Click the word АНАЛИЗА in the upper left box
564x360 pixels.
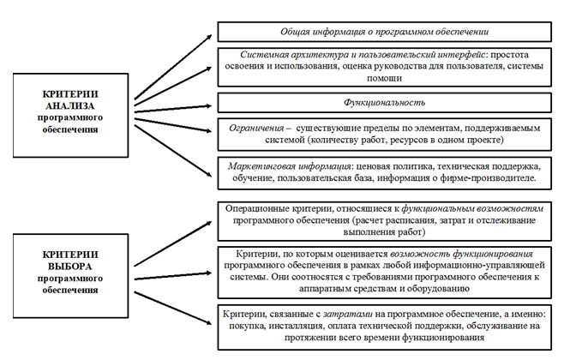70,105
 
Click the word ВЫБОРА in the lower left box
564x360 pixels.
70,267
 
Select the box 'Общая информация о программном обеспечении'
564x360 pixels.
384,32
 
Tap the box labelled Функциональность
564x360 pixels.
384,103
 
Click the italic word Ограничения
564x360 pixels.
256,129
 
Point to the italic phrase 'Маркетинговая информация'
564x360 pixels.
289,166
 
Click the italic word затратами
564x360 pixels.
348,315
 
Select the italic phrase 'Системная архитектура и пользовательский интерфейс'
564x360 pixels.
363,55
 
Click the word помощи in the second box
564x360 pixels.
384,78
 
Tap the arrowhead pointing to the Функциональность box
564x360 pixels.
208,105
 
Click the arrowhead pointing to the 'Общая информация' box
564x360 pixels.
208,38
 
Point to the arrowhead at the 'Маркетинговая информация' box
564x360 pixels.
208,174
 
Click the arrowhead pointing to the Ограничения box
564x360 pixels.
208,130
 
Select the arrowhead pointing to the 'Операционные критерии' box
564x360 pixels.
208,224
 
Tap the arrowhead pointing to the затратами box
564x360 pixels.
208,322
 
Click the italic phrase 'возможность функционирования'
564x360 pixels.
461,255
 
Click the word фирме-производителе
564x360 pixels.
488,178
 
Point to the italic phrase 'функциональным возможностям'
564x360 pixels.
472,209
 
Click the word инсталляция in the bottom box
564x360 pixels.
296,327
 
